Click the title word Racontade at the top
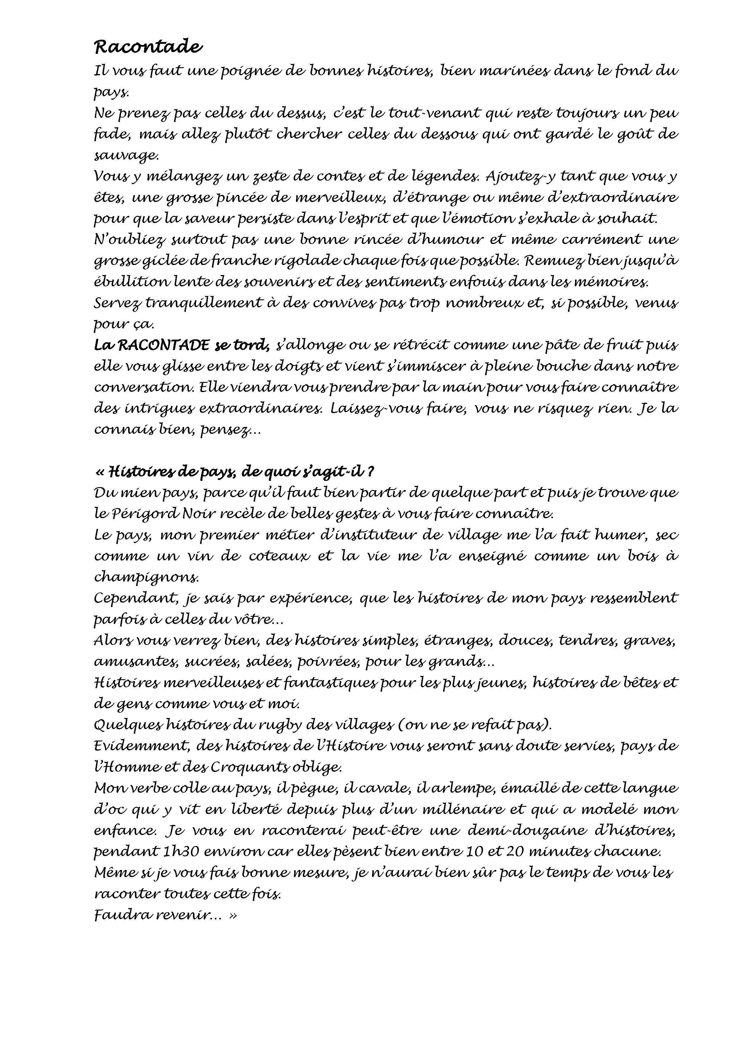148,46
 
